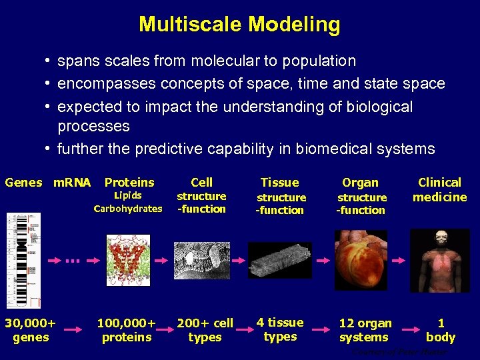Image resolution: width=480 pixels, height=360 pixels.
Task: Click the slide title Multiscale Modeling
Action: [239, 25]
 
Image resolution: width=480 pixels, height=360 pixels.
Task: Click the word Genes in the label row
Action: [23, 183]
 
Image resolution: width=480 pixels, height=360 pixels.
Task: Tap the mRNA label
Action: [72, 183]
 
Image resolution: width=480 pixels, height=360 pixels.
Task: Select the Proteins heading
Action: [129, 183]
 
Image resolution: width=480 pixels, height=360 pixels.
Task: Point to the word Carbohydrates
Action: [128, 209]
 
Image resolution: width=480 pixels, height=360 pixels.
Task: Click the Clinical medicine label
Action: [439, 189]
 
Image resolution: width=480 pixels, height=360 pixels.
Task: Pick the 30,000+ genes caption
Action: [31, 330]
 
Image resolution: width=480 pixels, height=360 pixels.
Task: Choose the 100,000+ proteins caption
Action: [127, 330]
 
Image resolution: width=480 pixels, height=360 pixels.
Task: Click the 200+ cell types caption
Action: [205, 330]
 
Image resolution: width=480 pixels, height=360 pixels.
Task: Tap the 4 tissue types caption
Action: [280, 329]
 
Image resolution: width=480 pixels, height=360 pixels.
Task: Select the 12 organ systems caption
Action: [365, 330]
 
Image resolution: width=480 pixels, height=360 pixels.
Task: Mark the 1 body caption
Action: [440, 330]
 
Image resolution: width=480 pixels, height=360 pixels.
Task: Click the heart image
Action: [360, 261]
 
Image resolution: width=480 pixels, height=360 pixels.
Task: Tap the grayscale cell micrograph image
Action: [202, 260]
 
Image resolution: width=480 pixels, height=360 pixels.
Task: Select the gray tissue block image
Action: [279, 259]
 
